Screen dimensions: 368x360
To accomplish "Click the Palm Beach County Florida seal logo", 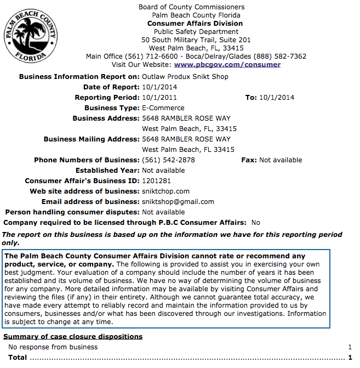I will tap(31, 36).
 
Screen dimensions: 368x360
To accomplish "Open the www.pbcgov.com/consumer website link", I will tap(227, 65).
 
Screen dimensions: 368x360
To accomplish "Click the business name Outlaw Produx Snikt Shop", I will tap(185, 77).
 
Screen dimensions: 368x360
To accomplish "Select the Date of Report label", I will tap(111, 87).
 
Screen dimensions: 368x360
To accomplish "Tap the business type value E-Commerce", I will tap(163, 108).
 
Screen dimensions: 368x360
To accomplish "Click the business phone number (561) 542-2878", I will tap(168, 160).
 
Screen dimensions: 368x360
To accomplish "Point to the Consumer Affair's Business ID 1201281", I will tap(156, 181).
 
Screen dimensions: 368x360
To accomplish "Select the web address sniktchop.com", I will tap(165, 191).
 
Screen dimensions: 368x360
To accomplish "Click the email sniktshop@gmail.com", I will tap(178, 202).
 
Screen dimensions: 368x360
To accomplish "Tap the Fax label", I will tap(249, 160).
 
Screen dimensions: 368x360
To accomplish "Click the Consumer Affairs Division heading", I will tap(195, 24).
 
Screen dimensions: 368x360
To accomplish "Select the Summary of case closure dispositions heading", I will tap(73, 337).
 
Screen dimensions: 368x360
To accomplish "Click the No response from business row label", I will tap(53, 347).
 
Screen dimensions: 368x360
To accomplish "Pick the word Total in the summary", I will tap(18, 358).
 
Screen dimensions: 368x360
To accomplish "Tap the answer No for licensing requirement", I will tap(255, 223).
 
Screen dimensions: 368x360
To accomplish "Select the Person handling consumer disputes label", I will tap(72, 212).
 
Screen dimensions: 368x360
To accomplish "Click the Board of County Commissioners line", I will tap(191, 7).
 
